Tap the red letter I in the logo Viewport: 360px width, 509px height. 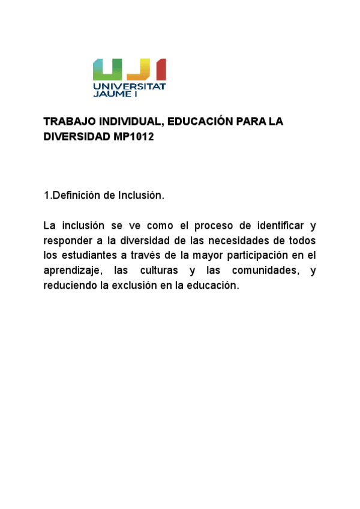click(160, 70)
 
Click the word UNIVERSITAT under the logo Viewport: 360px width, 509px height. click(129, 86)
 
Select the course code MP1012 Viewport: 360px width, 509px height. click(134, 137)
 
